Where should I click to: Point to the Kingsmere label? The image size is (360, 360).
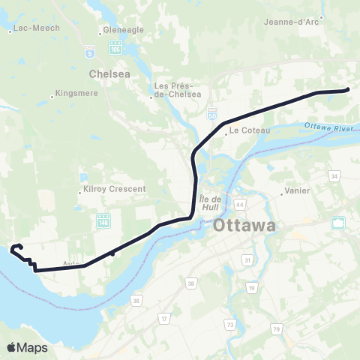pyautogui.click(x=76, y=95)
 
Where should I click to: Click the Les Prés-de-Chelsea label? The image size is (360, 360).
pyautogui.click(x=178, y=90)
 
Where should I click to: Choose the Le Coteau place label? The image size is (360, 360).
pyautogui.click(x=244, y=130)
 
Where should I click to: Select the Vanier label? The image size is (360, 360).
pyautogui.click(x=298, y=190)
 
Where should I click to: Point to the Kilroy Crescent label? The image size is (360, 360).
pyautogui.click(x=115, y=190)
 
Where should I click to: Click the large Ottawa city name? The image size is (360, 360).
pyautogui.click(x=244, y=225)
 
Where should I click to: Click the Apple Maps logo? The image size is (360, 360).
pyautogui.click(x=27, y=347)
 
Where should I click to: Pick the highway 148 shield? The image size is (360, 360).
pyautogui.click(x=103, y=220)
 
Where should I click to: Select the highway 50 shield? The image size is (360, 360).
pyautogui.click(x=212, y=112)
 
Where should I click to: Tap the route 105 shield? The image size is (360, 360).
pyautogui.click(x=115, y=47)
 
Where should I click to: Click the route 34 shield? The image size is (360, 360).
pyautogui.click(x=334, y=176)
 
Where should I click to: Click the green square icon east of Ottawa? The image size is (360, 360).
pyautogui.click(x=339, y=222)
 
